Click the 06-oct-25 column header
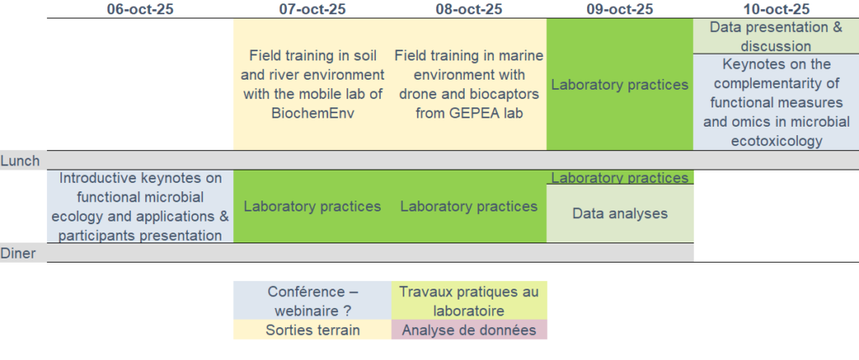point(140,9)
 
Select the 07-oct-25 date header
point(312,9)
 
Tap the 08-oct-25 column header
point(469,9)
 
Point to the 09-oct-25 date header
point(620,9)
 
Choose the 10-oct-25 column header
point(776,9)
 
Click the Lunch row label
point(20,160)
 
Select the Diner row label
point(18,253)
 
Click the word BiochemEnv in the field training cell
point(312,113)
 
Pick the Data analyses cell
point(620,213)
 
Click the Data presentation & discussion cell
point(776,36)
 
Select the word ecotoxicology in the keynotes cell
point(776,141)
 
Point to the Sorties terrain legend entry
point(312,330)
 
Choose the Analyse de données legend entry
point(469,330)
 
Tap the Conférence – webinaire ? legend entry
point(312,300)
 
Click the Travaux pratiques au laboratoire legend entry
point(469,300)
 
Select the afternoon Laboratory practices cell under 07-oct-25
point(312,206)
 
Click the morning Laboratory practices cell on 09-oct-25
point(620,85)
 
